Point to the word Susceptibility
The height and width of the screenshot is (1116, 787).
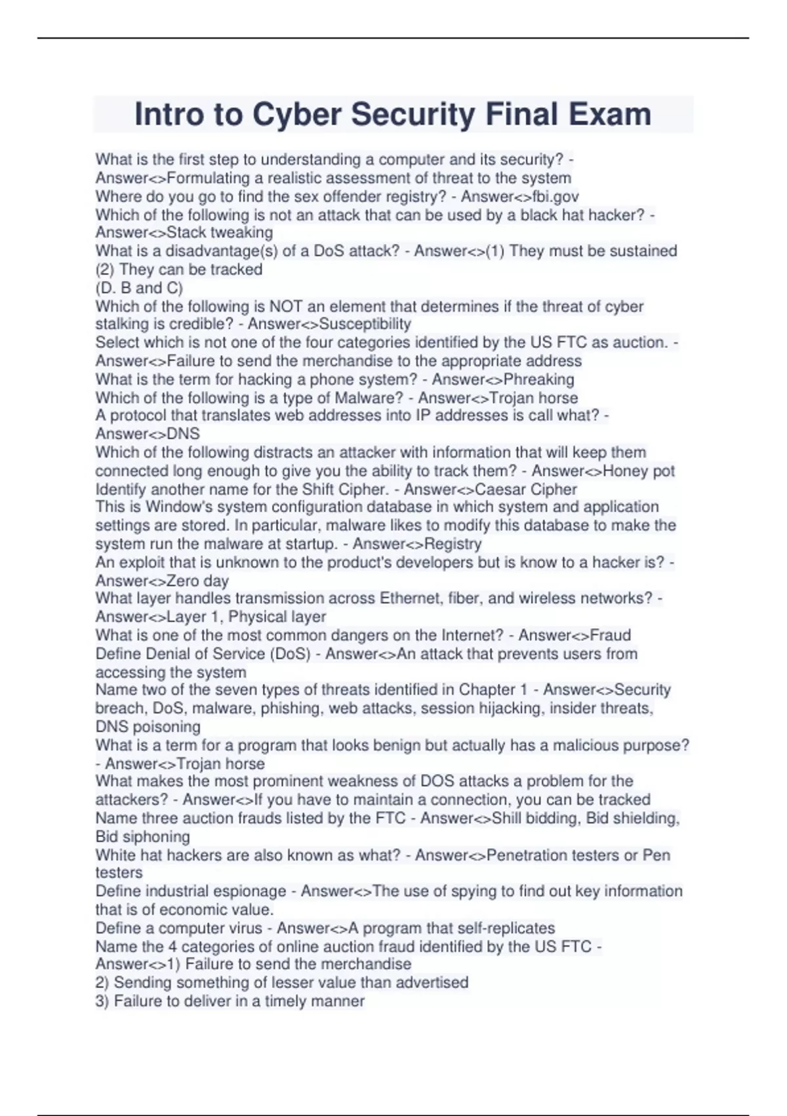pos(365,324)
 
